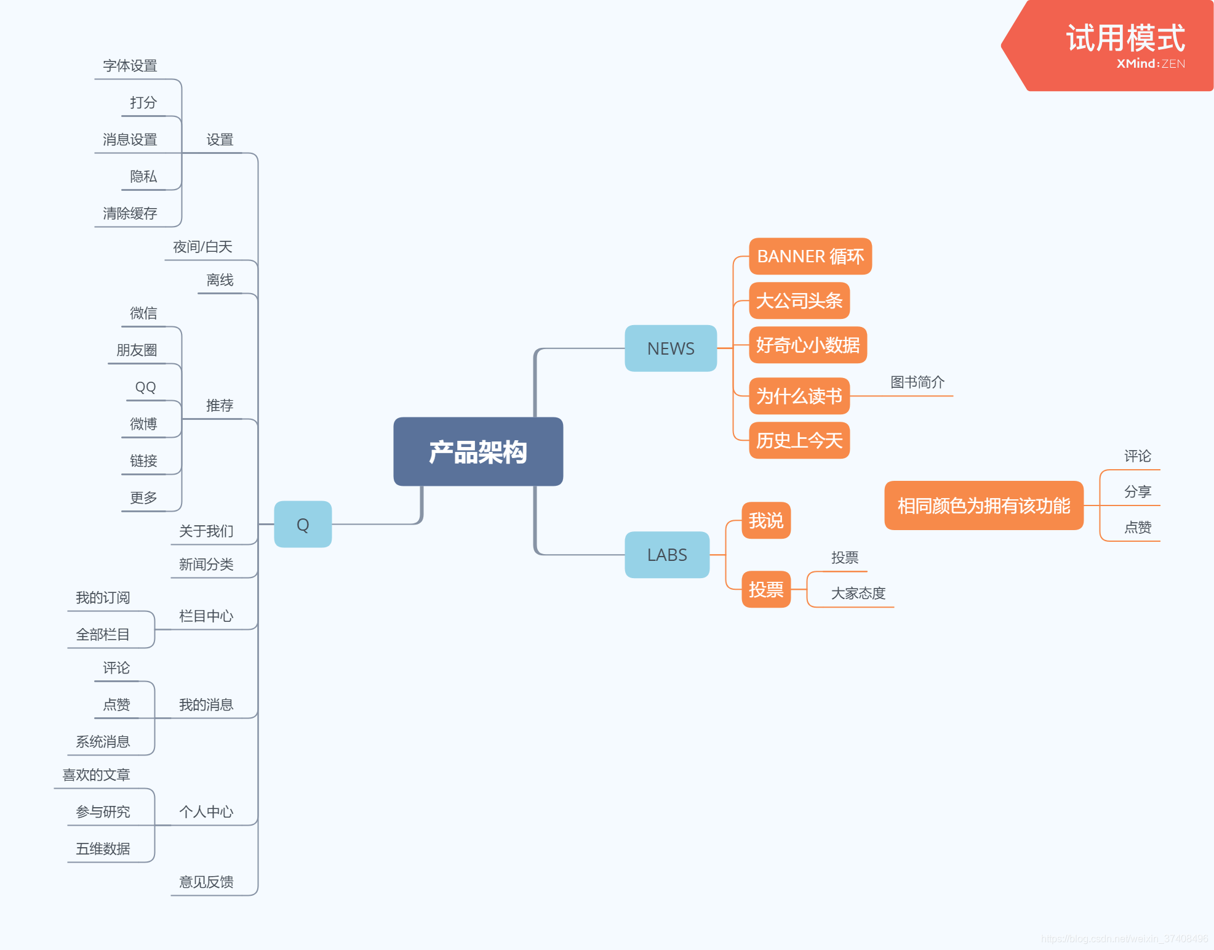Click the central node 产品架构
pyautogui.click(x=478, y=452)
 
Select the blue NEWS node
pyautogui.click(x=670, y=348)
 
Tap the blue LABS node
pyautogui.click(x=666, y=555)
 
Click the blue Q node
pyautogui.click(x=303, y=525)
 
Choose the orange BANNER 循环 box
pyautogui.click(x=810, y=256)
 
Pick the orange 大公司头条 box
pyautogui.click(x=799, y=300)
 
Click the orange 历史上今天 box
pyautogui.click(x=799, y=440)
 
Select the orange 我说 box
pyautogui.click(x=765, y=521)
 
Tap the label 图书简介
pyautogui.click(x=917, y=382)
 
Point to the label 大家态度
pyautogui.click(x=858, y=594)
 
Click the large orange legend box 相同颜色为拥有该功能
pyautogui.click(x=983, y=505)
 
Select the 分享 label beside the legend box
pyautogui.click(x=1137, y=492)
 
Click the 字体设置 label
pyautogui.click(x=130, y=66)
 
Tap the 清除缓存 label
pyautogui.click(x=130, y=214)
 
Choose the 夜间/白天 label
pyautogui.click(x=202, y=247)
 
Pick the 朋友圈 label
pyautogui.click(x=137, y=350)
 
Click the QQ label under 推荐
pyautogui.click(x=145, y=387)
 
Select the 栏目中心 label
pyautogui.click(x=206, y=616)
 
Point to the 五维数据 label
pyautogui.click(x=103, y=849)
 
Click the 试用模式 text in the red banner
pyautogui.click(x=1125, y=38)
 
